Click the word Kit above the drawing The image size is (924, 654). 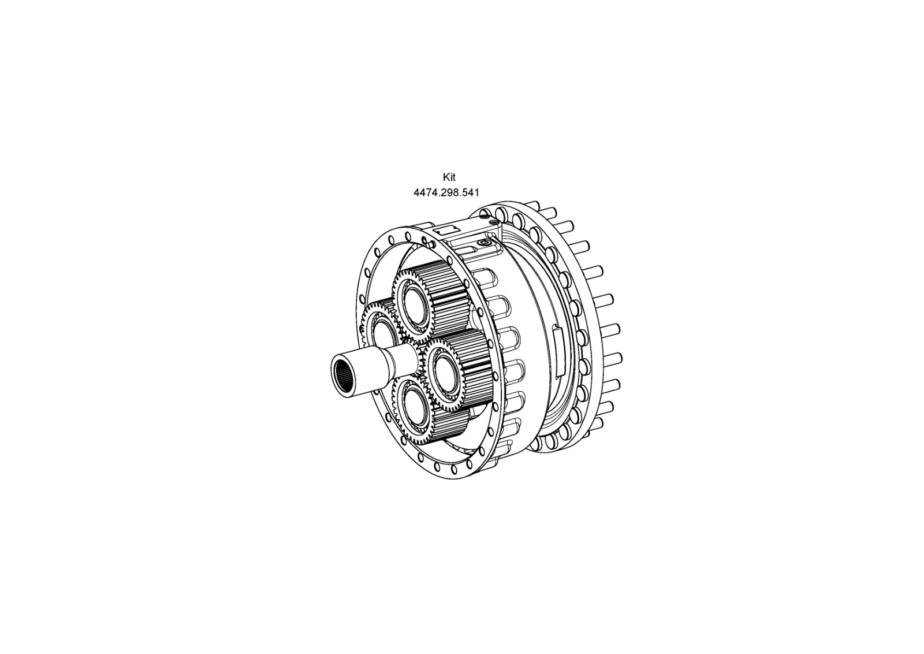(x=449, y=177)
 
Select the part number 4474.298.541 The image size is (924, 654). (x=446, y=193)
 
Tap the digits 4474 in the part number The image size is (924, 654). (x=425, y=193)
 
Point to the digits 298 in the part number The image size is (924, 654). (x=448, y=193)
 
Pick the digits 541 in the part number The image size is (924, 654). (x=470, y=193)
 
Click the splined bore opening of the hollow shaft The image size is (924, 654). (x=343, y=376)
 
